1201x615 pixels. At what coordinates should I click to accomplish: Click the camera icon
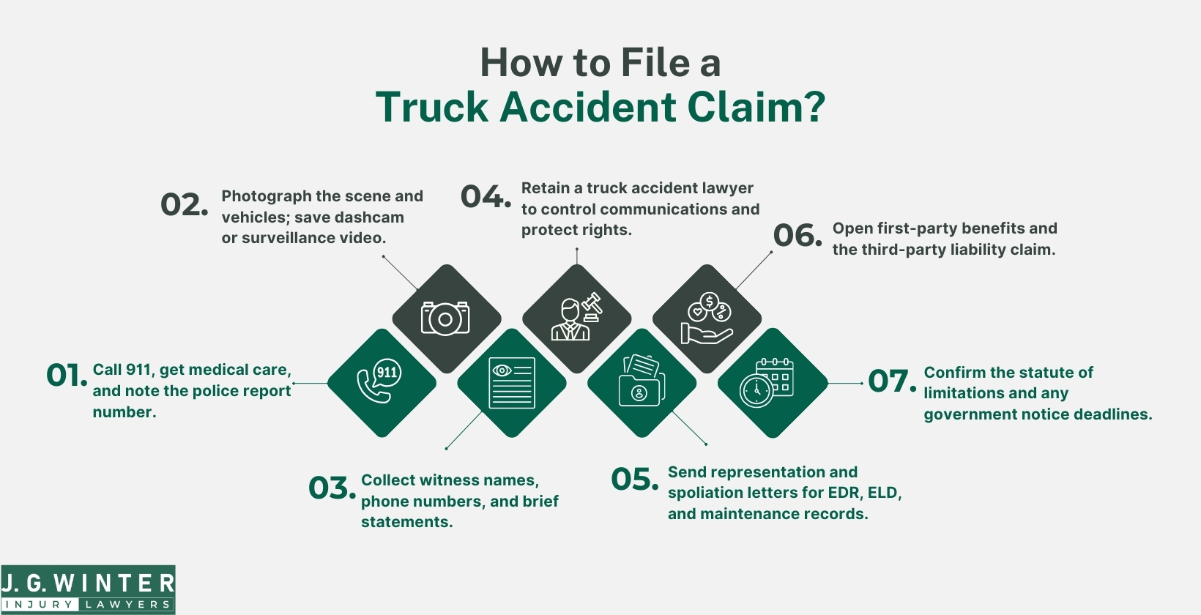(x=445, y=318)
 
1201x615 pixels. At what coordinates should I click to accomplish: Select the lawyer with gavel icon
(x=577, y=318)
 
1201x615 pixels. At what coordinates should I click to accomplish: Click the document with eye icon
(x=511, y=382)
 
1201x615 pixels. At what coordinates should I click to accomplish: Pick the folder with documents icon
(x=642, y=382)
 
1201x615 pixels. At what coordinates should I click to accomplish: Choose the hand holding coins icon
(x=707, y=318)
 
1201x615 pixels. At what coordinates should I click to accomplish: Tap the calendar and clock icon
(x=772, y=382)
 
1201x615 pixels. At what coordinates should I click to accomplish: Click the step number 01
(x=66, y=376)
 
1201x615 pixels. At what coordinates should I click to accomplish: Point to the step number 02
(x=183, y=205)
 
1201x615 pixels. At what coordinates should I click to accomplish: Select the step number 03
(x=331, y=488)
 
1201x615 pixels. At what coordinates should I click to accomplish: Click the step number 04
(x=485, y=197)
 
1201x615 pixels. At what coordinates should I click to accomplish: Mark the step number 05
(x=634, y=480)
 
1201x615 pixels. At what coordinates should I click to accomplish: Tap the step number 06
(x=797, y=236)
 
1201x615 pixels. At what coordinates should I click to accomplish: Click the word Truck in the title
(x=431, y=108)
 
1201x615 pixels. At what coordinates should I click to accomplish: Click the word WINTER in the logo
(x=114, y=584)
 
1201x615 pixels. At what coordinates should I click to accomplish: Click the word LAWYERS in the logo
(x=127, y=605)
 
